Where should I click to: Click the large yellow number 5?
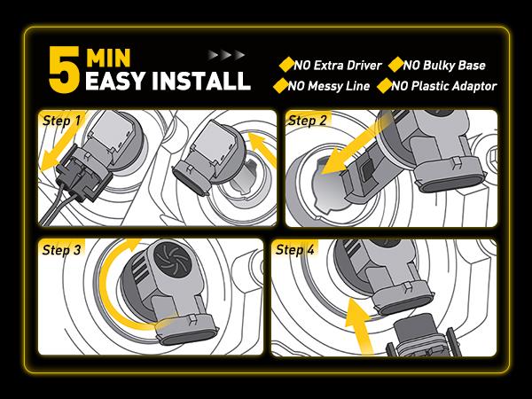coord(65,69)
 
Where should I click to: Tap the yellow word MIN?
coord(108,58)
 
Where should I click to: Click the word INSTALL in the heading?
coord(201,81)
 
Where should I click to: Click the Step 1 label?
coord(62,121)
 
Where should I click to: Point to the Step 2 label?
coord(307,121)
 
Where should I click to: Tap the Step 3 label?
coord(62,250)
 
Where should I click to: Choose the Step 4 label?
coord(295,250)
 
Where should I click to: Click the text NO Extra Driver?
coord(338,65)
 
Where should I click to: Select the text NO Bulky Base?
coord(444,65)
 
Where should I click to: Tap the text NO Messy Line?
coord(329,86)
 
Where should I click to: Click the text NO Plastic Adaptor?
coord(444,86)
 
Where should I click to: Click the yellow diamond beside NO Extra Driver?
coord(286,65)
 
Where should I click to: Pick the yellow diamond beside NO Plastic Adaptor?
coord(385,85)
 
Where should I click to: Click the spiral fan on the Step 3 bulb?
coord(173,260)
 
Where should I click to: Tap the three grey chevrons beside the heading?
coord(226,55)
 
